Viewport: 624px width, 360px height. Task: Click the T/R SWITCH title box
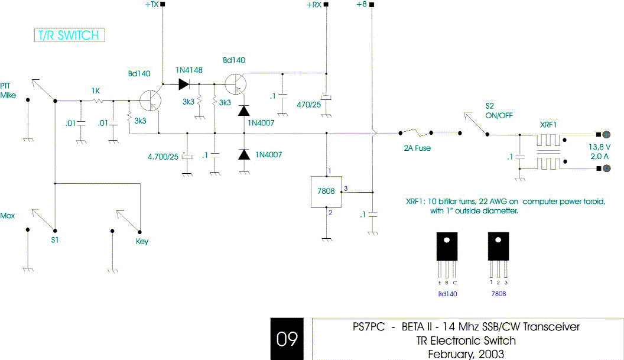(x=69, y=35)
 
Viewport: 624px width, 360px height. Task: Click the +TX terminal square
(x=162, y=5)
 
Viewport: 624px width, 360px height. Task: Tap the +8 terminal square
(x=372, y=5)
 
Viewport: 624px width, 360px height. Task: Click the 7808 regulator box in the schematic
(x=326, y=192)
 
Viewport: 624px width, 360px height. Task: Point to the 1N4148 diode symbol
(x=183, y=84)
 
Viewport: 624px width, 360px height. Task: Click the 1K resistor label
(x=96, y=91)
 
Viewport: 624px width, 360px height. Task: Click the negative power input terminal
(x=606, y=168)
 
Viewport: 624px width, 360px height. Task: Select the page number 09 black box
(x=287, y=339)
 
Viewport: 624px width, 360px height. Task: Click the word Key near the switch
(x=142, y=242)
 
